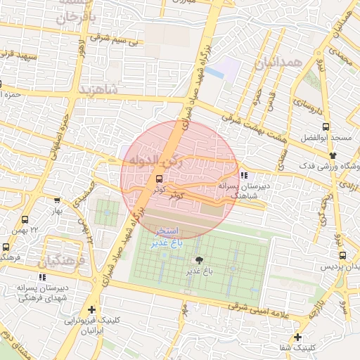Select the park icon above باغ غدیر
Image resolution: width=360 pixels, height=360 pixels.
199,259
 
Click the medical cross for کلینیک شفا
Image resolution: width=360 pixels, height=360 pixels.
298,337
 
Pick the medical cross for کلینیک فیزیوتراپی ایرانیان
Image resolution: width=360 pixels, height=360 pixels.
91,309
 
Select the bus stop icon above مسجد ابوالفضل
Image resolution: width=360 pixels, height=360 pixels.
325,127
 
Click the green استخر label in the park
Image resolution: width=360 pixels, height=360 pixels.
167,231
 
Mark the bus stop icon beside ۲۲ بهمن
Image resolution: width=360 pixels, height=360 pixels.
26,220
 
